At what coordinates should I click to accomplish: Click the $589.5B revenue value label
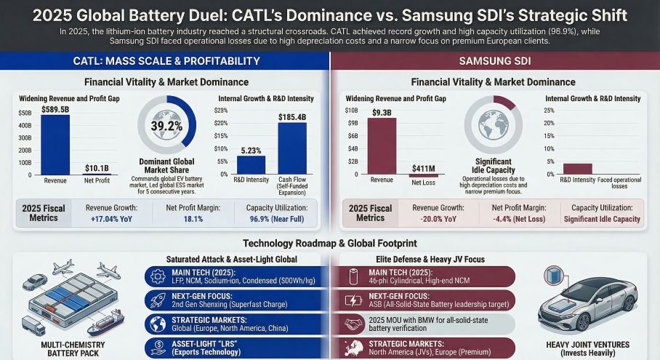pos(55,109)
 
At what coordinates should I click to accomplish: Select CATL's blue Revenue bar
pos(55,145)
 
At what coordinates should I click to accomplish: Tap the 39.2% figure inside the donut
pos(166,125)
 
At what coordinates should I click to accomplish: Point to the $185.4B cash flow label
pos(292,116)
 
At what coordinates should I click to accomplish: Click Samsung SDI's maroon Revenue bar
pos(382,146)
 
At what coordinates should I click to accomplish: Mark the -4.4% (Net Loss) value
pos(517,219)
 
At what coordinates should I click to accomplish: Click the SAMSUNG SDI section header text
pos(494,61)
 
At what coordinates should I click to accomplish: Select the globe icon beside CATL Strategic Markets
pos(158,324)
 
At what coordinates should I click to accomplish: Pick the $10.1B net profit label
pos(98,169)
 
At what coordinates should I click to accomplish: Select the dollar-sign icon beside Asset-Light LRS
pos(158,348)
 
